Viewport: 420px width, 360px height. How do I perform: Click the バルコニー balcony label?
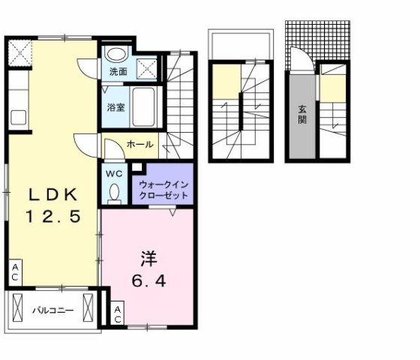pos(52,309)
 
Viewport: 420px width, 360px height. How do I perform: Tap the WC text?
pos(114,174)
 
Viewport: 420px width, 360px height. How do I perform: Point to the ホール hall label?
pos(141,144)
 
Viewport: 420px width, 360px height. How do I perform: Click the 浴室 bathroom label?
pos(115,106)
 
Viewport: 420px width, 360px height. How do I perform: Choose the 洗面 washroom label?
pos(117,73)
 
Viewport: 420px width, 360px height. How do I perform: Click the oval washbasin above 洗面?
pos(115,54)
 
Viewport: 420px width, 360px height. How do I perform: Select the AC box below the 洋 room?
pos(118,314)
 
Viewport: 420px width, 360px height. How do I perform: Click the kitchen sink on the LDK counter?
pos(17,118)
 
